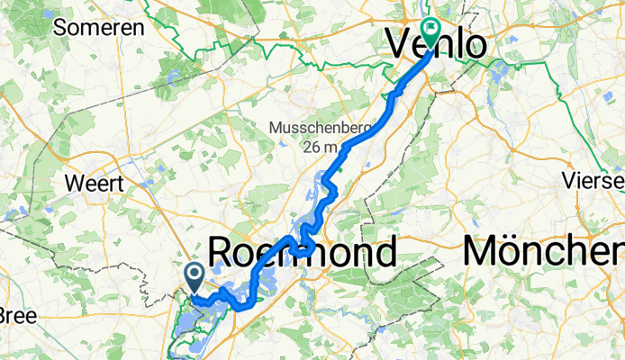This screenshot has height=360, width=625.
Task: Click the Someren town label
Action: coord(99,27)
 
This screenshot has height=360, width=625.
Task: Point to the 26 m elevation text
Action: coord(320,147)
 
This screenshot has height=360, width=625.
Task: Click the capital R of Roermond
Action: coord(222,252)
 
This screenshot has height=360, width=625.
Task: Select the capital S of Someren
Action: coord(61,27)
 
